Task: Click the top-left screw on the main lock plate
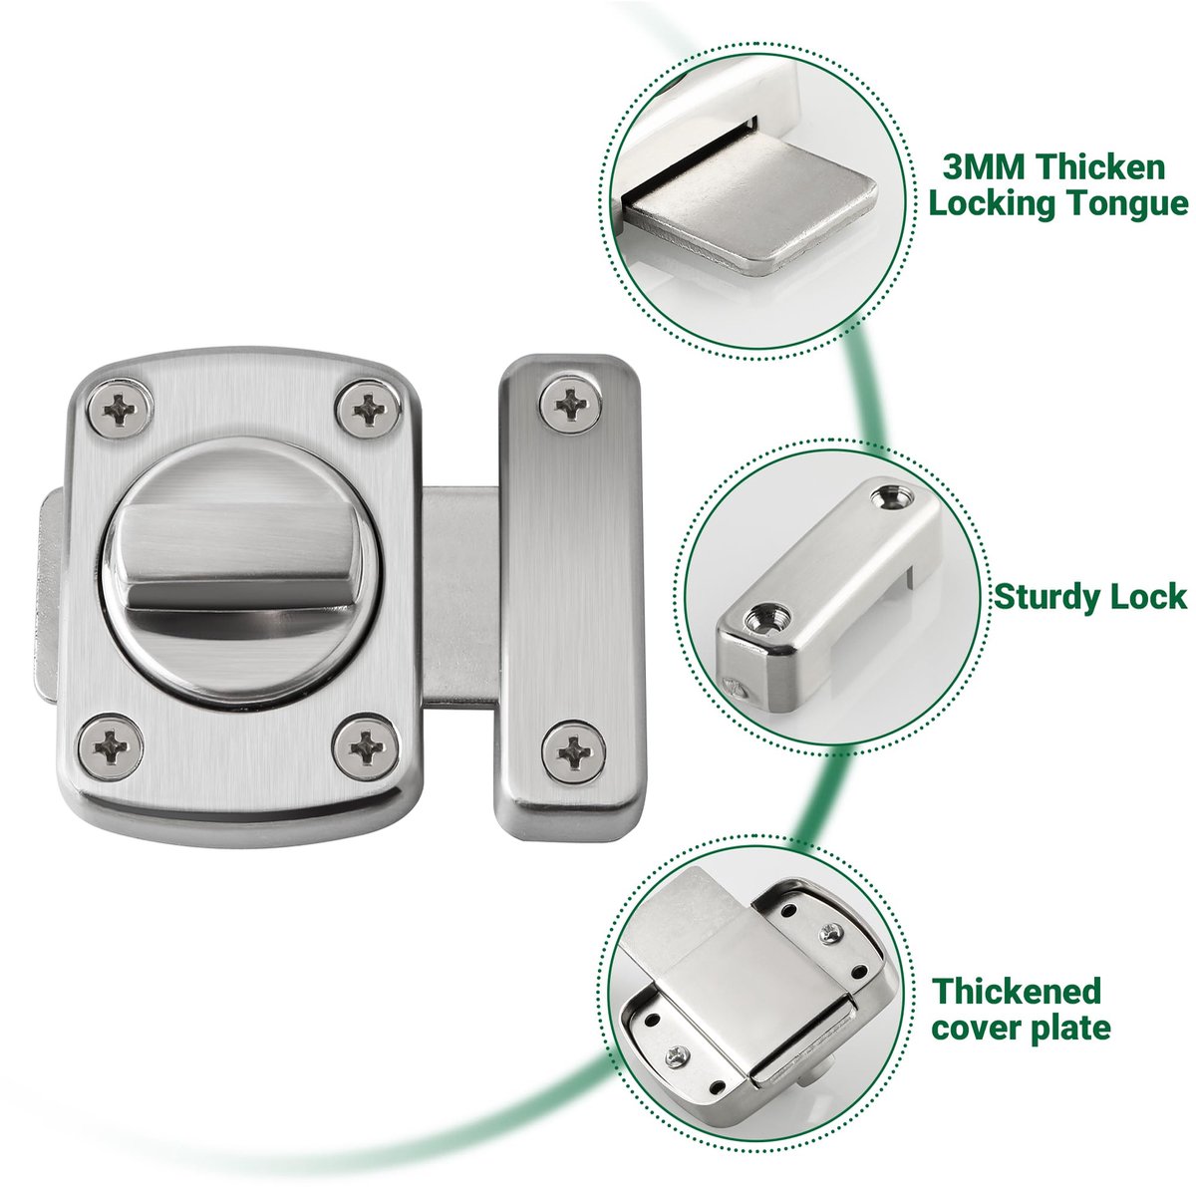120,409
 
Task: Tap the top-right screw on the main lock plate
369,409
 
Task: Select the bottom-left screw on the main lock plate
111,746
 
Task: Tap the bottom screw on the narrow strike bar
574,751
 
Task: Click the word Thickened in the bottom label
1017,991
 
